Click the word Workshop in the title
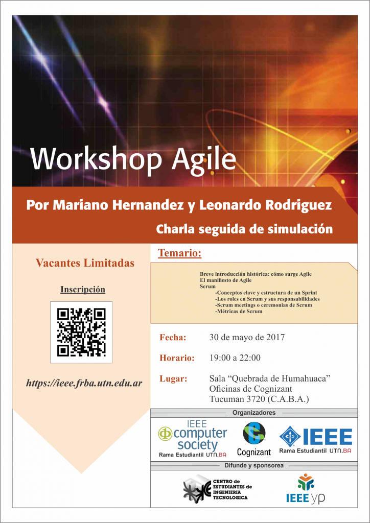click(x=97, y=159)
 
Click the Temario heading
click(x=179, y=253)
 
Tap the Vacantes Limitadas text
click(x=85, y=263)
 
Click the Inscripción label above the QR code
click(x=83, y=289)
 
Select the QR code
click(x=81, y=332)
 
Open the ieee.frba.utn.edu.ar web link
click(x=84, y=383)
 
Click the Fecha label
click(x=173, y=337)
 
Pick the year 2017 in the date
click(x=275, y=337)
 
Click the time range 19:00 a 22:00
click(x=235, y=358)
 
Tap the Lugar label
click(x=173, y=379)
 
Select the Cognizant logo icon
click(x=254, y=433)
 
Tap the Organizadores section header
click(x=254, y=413)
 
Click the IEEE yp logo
click(x=306, y=488)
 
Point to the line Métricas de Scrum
click(x=239, y=311)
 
